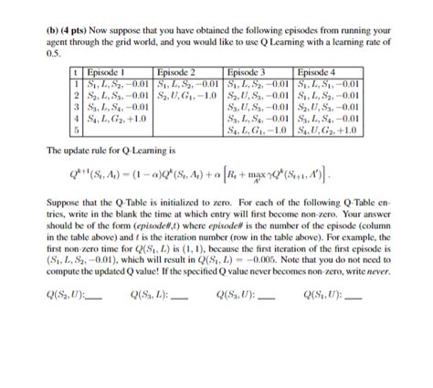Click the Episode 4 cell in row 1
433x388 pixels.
pos(333,81)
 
